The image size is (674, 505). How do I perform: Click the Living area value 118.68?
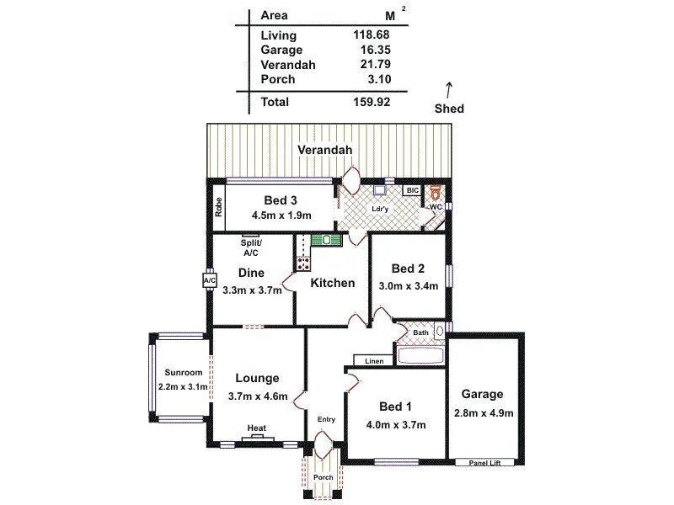click(x=371, y=35)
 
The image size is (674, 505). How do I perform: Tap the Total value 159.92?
click(x=371, y=102)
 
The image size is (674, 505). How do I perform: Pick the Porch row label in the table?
click(x=278, y=79)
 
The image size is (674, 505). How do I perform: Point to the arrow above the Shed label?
click(x=449, y=88)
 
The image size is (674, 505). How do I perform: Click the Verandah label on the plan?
click(x=324, y=151)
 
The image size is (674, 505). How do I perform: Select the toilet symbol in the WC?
click(x=436, y=192)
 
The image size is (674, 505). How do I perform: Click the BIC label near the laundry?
click(x=412, y=191)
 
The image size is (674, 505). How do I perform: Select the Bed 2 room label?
click(x=408, y=268)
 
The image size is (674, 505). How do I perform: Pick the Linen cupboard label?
click(x=374, y=361)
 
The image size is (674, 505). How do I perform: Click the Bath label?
click(x=420, y=333)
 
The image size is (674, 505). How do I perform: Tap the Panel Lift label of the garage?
click(x=484, y=462)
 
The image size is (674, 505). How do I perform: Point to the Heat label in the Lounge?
click(x=257, y=428)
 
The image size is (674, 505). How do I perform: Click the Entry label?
click(x=326, y=419)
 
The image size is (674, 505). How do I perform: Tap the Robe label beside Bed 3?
click(x=217, y=207)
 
